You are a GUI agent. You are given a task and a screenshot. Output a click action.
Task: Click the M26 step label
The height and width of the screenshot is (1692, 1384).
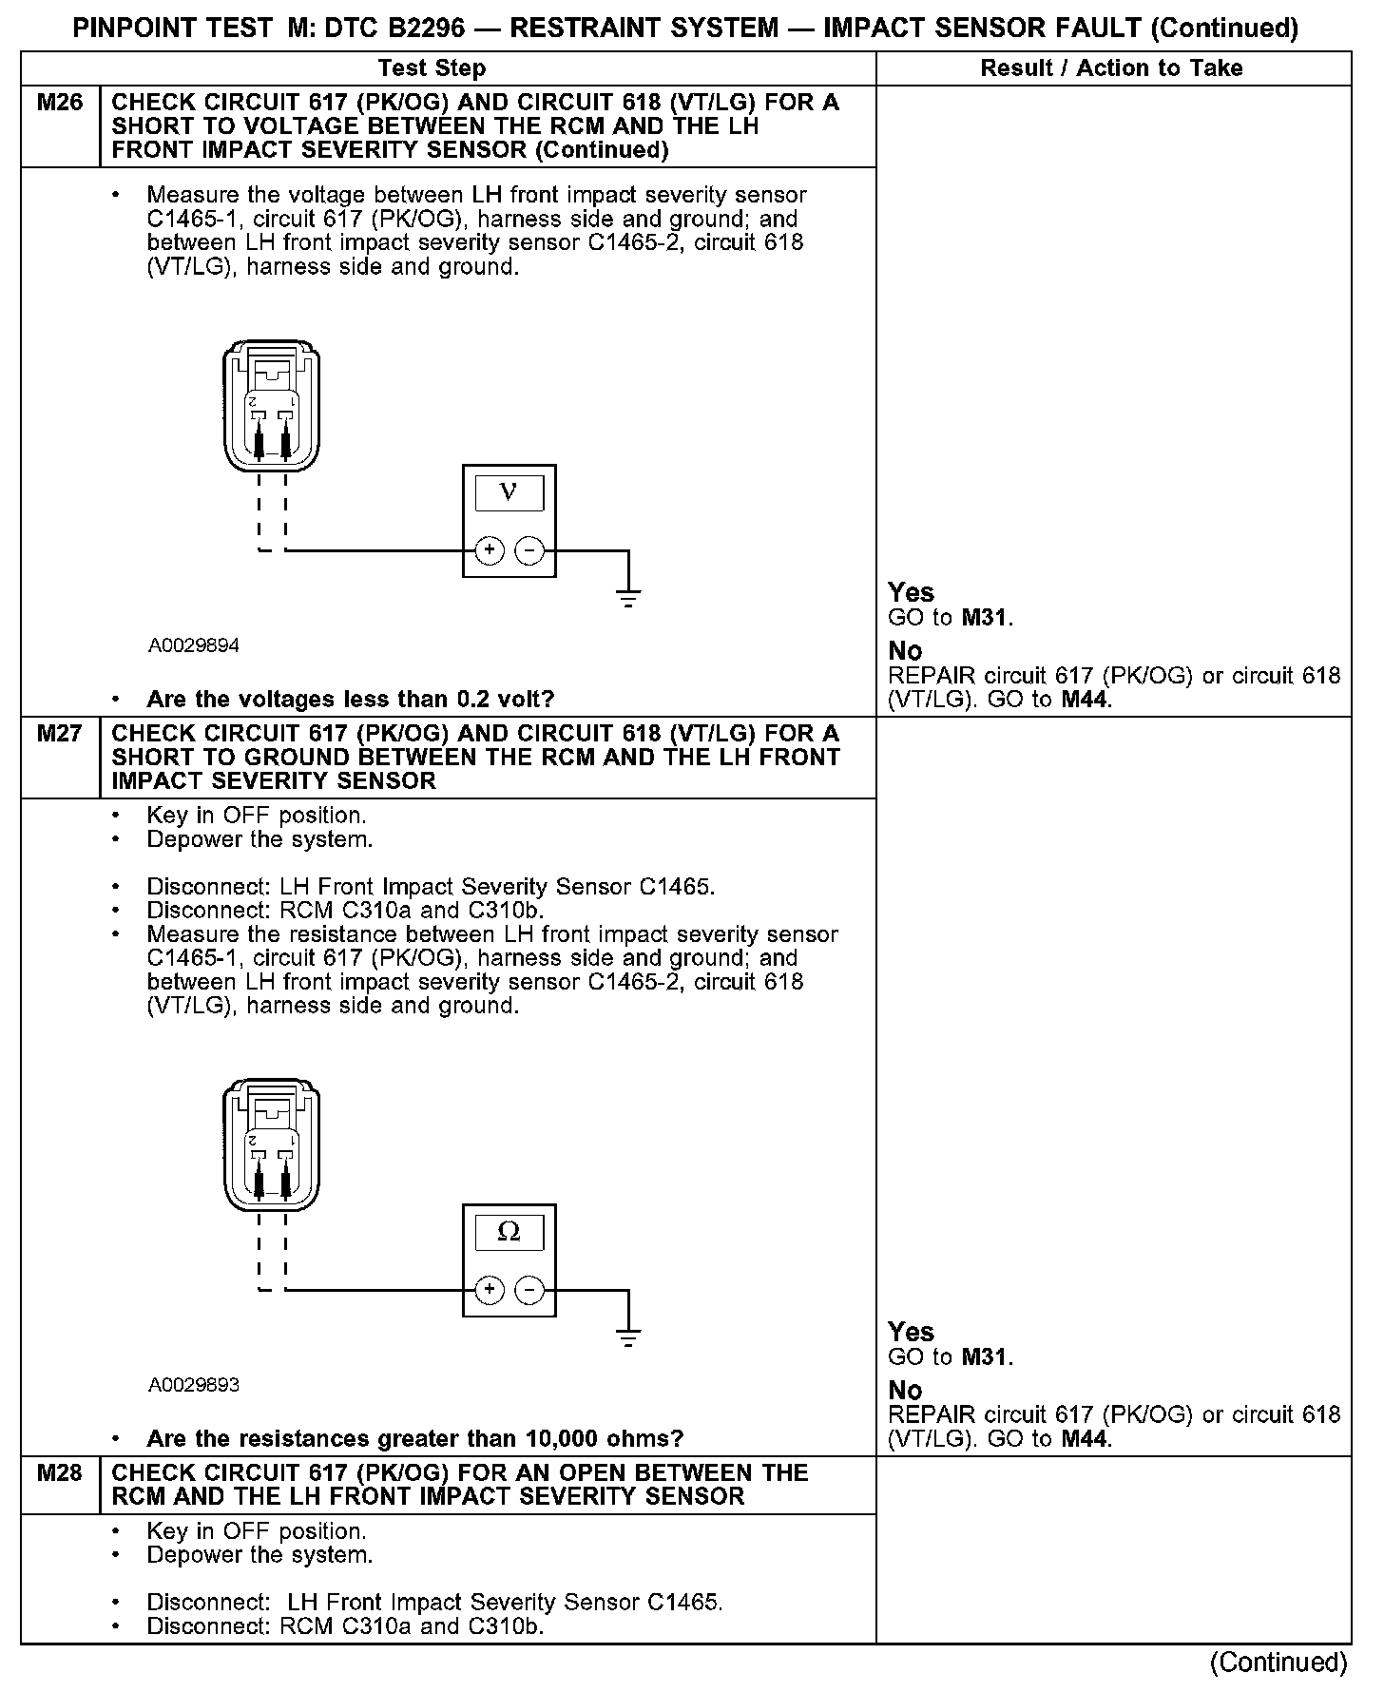60,103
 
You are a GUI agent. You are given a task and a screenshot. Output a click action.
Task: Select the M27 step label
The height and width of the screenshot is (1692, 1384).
60,734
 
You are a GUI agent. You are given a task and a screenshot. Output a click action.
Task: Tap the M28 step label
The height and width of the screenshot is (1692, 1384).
60,1472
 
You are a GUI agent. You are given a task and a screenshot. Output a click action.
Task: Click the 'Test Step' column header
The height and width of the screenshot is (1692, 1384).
432,68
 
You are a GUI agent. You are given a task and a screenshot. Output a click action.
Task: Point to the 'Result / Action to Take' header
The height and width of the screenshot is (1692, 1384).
1111,68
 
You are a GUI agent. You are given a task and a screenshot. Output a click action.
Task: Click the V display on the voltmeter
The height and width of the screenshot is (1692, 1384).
509,492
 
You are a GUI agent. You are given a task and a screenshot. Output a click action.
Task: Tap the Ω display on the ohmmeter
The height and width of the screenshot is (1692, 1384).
509,1232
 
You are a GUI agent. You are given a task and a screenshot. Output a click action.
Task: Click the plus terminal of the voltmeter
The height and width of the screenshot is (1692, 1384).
489,550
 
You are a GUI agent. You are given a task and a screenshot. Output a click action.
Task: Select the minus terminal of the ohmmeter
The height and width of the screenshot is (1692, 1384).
529,1290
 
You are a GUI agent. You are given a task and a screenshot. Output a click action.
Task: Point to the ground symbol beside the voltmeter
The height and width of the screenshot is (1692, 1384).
627,597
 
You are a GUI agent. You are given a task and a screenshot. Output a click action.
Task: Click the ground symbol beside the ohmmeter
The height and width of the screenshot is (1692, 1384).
627,1336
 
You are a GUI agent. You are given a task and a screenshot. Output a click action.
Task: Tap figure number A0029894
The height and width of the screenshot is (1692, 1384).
194,646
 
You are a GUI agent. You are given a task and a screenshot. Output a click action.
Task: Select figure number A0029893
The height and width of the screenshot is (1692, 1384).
194,1385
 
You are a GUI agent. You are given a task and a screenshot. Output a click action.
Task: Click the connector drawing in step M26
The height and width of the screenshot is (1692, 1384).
271,407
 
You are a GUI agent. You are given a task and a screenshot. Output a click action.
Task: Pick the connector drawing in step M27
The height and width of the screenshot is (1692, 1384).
271,1145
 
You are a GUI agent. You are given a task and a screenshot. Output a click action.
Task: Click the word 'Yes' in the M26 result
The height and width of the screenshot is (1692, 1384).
911,592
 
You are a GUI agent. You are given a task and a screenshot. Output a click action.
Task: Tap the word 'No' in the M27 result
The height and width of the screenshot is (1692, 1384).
905,1391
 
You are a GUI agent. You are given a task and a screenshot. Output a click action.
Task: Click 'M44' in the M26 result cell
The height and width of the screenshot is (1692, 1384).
1085,701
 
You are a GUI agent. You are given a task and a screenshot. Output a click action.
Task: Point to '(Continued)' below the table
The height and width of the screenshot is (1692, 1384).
1278,1663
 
